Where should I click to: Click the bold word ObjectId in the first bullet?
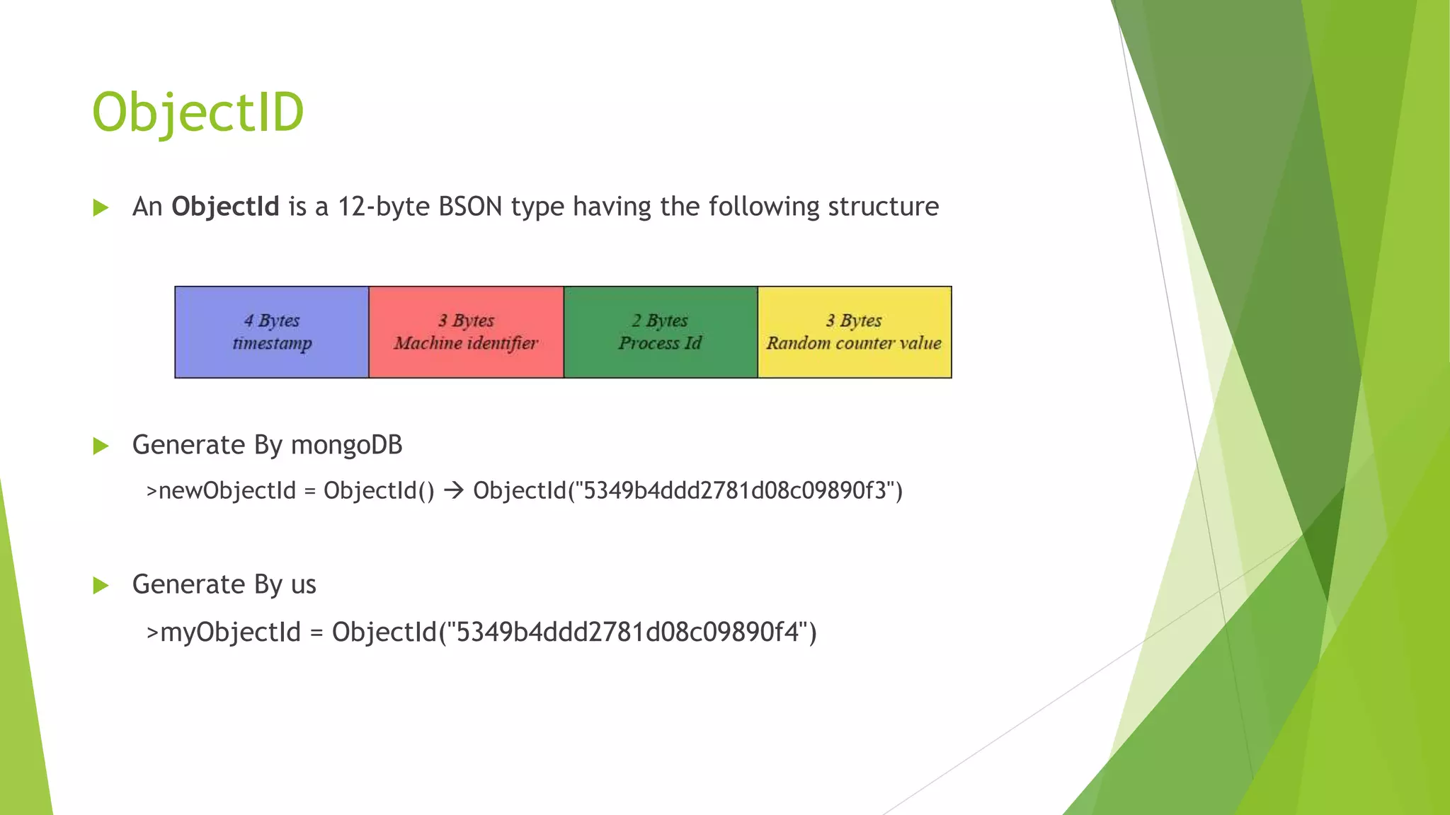tap(225, 207)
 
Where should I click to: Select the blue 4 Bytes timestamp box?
tap(272, 332)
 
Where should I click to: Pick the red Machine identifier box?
tap(466, 332)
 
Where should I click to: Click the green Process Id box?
tap(660, 332)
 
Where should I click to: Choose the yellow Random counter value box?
tap(854, 332)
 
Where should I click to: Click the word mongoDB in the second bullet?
tap(346, 445)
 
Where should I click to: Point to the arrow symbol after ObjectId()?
tap(454, 490)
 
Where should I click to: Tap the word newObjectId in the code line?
tap(227, 490)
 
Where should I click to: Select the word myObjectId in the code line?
tap(231, 632)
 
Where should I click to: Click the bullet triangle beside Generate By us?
tap(101, 585)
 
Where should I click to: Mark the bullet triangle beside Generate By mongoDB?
tap(101, 446)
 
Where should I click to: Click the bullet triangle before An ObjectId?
tap(101, 207)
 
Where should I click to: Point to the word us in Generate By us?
tap(303, 585)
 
